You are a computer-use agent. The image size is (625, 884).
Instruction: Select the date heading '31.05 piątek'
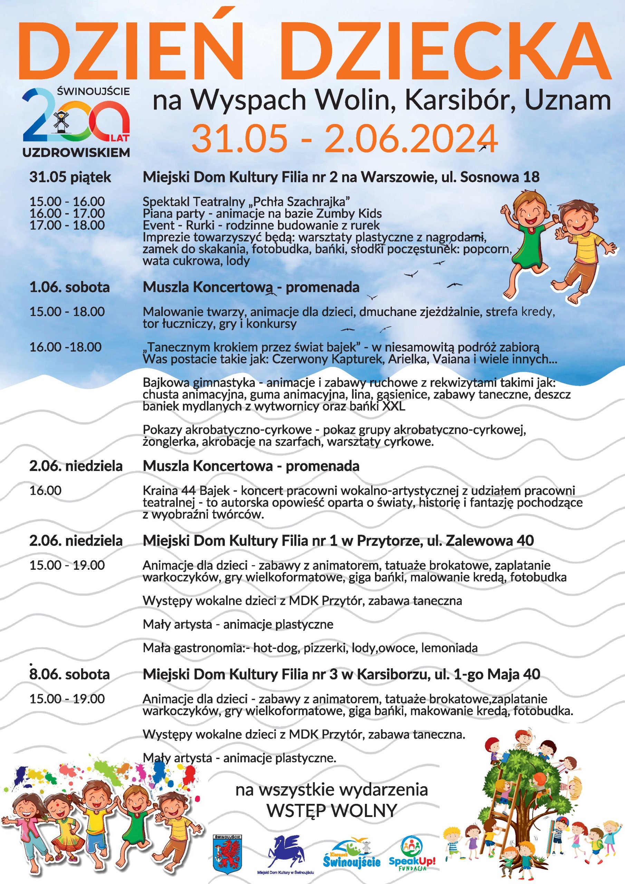pos(70,177)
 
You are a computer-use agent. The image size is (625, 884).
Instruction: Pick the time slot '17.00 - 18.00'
pos(67,225)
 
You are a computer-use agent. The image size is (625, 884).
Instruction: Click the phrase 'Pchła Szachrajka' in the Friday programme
pos(301,201)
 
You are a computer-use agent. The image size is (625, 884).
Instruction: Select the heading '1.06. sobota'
pos(70,287)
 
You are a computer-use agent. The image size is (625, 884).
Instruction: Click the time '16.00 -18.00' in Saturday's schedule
pos(66,347)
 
